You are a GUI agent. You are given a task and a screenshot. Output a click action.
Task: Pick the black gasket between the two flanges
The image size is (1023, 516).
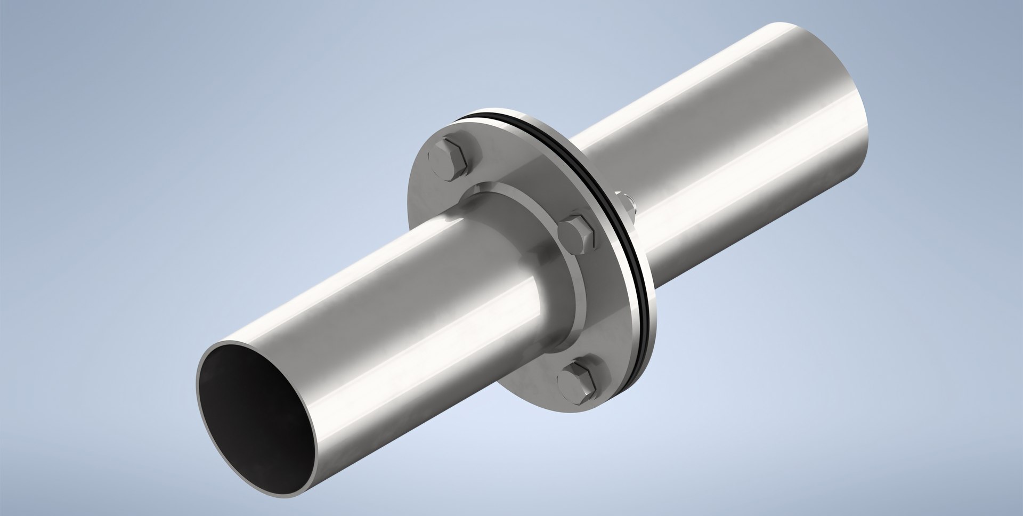point(586,160)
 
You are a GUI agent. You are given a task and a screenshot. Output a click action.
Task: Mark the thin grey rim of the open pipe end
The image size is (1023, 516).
point(199,373)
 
